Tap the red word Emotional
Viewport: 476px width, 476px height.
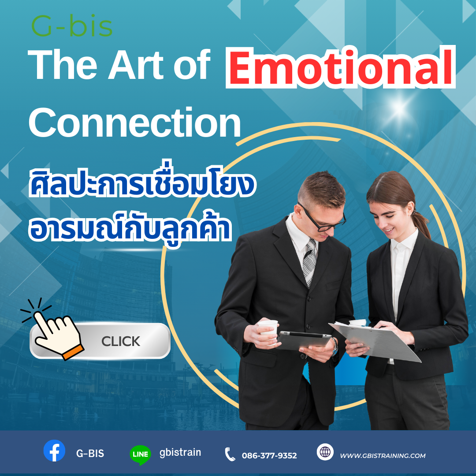tap(341, 67)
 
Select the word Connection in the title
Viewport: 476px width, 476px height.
tap(135, 123)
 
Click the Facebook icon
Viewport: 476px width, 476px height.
tap(54, 450)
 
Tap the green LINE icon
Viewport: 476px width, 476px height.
tap(140, 455)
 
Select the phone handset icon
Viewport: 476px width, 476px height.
tap(230, 454)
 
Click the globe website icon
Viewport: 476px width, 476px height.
tap(325, 452)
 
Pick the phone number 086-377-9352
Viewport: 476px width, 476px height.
tap(269, 455)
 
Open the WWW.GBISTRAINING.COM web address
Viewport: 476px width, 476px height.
tap(383, 455)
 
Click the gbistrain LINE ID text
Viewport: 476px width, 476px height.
tap(180, 452)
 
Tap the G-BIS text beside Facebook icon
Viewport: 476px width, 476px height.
tap(90, 454)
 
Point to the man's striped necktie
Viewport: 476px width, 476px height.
tap(310, 262)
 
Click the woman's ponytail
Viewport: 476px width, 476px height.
tap(422, 224)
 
